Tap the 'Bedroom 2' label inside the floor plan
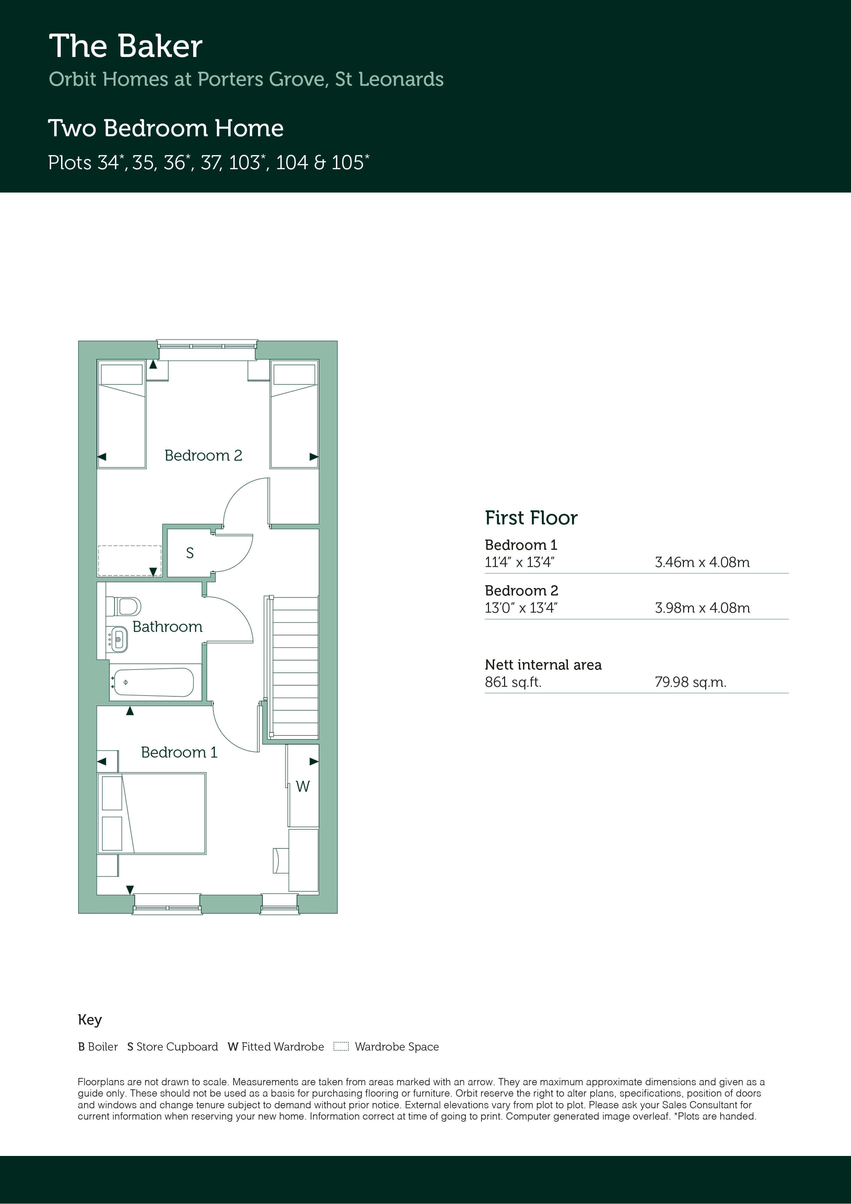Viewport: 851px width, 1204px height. pos(203,455)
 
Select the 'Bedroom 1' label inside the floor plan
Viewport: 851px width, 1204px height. pos(179,752)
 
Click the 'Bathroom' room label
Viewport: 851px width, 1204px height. pos(167,627)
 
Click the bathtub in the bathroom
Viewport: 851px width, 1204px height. pos(154,682)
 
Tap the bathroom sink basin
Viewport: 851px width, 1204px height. pos(118,639)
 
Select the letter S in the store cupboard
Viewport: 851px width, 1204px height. pos(190,553)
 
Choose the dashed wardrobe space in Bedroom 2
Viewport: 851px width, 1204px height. pos(129,560)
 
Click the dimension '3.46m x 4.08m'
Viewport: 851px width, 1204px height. pos(702,562)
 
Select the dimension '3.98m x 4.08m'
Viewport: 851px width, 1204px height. pos(702,608)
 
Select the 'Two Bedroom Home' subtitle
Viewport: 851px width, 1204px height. pos(166,128)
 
